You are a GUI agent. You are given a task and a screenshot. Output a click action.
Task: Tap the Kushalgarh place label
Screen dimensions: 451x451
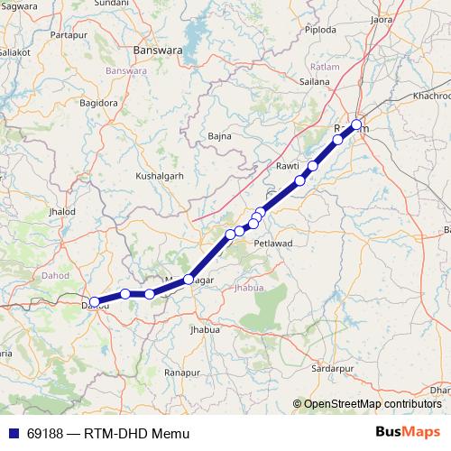(159, 176)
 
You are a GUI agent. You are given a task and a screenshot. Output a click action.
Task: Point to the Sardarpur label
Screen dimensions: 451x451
(331, 369)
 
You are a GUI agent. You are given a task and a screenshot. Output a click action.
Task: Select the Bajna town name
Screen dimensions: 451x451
(219, 136)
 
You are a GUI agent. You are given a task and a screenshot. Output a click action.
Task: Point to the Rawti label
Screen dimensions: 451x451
(287, 166)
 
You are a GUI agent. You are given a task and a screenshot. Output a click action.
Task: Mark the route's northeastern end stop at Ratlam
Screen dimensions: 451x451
(356, 125)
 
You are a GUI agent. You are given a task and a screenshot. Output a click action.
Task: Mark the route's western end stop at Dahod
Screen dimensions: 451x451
(95, 302)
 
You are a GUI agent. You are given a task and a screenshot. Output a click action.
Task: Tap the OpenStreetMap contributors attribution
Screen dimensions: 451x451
(372, 404)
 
